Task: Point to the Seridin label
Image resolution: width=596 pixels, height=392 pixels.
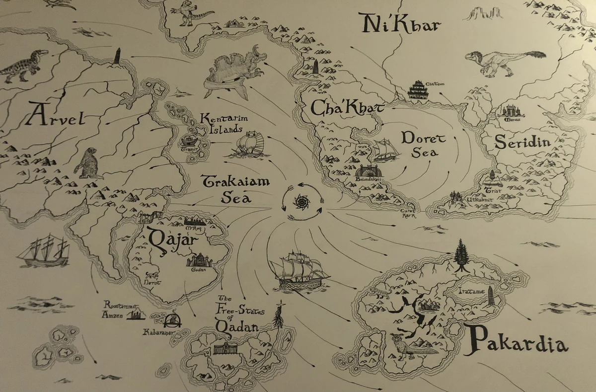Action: point(522,143)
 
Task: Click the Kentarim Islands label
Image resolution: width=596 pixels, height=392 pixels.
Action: point(223,124)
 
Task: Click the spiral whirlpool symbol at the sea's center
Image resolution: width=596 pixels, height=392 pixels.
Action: point(301,202)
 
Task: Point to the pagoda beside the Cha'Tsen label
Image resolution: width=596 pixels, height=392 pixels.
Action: point(418,90)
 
